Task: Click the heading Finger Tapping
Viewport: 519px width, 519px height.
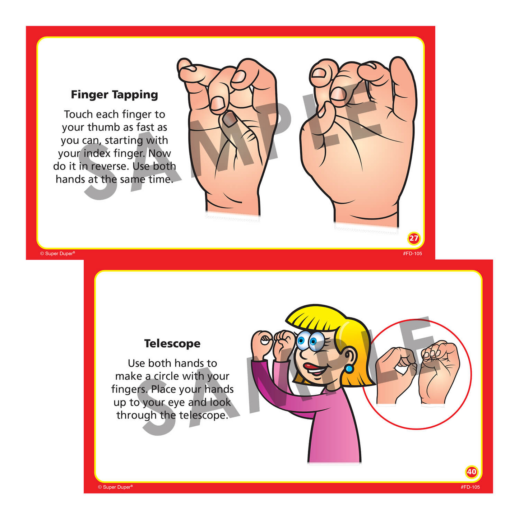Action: [x=114, y=94]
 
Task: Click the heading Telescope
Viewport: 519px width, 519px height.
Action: [x=172, y=343]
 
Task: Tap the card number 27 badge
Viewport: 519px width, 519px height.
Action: [x=414, y=238]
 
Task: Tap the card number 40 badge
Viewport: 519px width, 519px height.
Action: [x=471, y=472]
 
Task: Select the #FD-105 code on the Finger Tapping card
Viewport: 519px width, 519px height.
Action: [x=412, y=254]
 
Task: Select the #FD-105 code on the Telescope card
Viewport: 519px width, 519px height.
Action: [x=470, y=487]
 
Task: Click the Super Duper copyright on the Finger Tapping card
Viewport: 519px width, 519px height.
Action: [x=57, y=254]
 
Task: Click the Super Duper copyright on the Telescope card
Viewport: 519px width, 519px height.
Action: [x=115, y=487]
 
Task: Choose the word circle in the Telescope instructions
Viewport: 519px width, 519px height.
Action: [x=167, y=376]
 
